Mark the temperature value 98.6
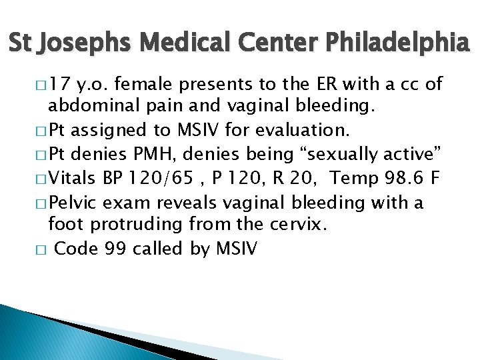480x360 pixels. pyautogui.click(x=413, y=178)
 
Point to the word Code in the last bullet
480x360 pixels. pyautogui.click(x=77, y=249)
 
